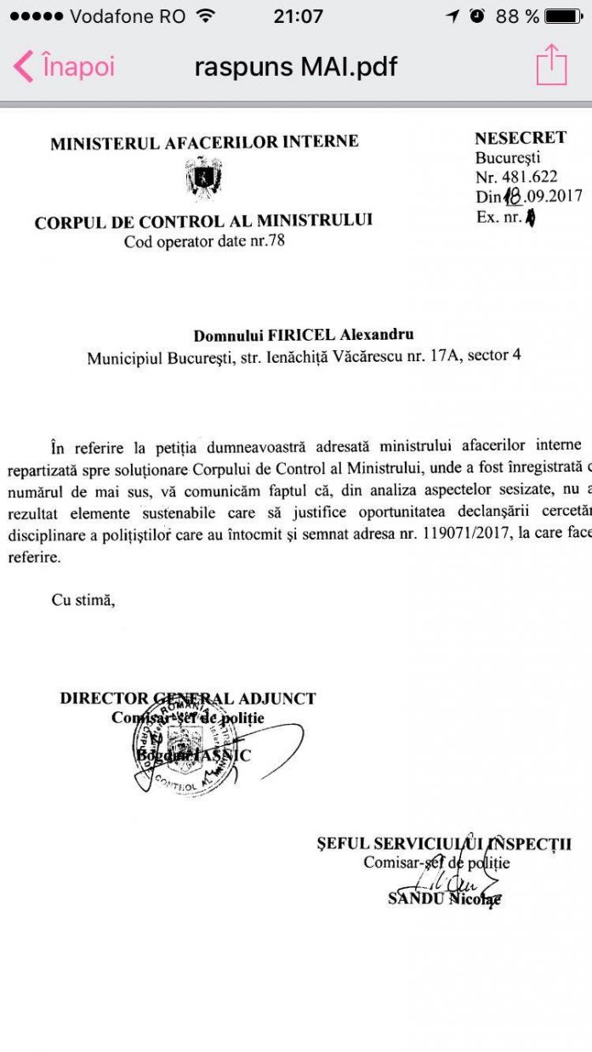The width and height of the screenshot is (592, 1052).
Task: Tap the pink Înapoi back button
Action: point(65,66)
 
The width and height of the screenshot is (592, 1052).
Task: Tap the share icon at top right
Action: point(551,65)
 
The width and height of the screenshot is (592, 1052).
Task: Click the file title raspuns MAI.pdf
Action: point(295,66)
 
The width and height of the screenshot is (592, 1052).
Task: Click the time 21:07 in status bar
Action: point(299,16)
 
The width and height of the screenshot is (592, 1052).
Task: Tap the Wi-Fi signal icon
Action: point(205,16)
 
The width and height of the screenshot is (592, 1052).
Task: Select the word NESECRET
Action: point(521,139)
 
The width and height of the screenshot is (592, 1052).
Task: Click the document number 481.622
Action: point(529,177)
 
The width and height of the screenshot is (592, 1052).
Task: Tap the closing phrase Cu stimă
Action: point(82,600)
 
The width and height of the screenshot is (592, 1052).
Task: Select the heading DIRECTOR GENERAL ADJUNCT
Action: point(188,699)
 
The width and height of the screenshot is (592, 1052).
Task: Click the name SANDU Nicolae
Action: point(444,898)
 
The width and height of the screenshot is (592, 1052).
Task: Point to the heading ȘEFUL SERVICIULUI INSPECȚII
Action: point(444,844)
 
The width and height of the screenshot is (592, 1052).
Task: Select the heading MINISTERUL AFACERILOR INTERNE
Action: point(204,143)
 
